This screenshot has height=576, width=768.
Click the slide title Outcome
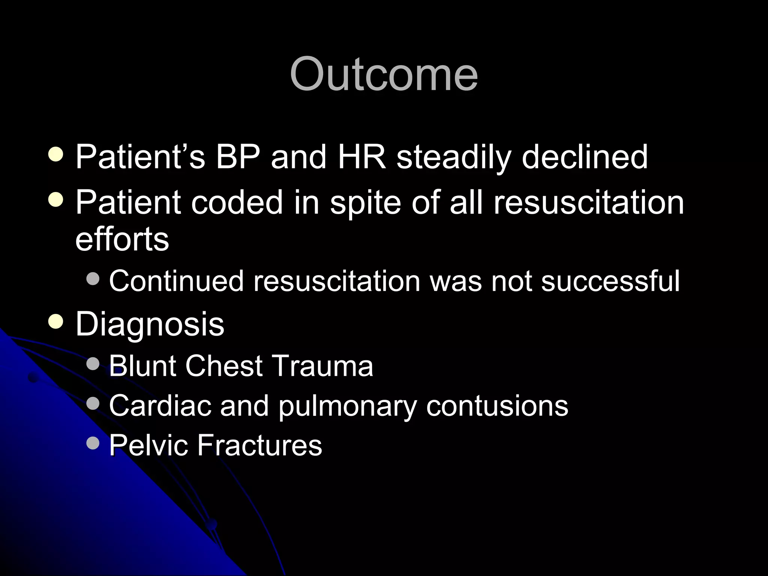click(384, 74)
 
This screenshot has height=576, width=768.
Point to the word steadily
click(454, 157)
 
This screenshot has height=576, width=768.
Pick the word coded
click(237, 202)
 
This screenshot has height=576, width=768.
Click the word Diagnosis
click(150, 325)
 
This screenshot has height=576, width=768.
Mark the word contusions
click(497, 406)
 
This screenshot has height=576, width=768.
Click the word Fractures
click(259, 445)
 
